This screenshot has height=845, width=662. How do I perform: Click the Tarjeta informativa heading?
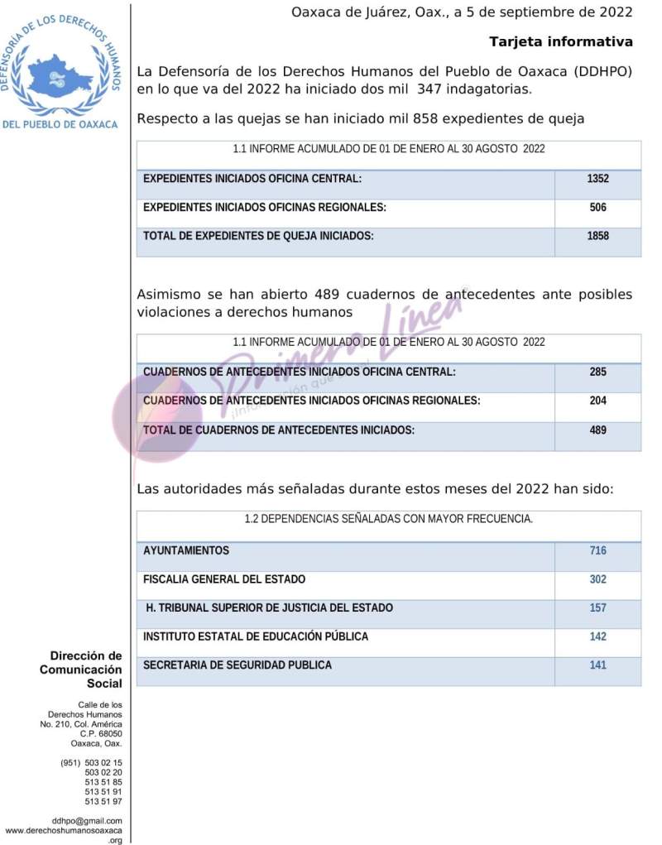[x=561, y=41]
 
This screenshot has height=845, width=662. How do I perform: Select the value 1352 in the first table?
[x=597, y=179]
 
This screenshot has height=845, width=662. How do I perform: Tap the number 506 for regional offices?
[x=597, y=208]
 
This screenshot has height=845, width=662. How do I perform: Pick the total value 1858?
[x=597, y=236]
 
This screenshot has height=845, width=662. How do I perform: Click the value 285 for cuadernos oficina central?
[x=597, y=372]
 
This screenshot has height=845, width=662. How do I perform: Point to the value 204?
[x=597, y=401]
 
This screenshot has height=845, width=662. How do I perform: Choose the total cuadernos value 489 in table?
[x=597, y=430]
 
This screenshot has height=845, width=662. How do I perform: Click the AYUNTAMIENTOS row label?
[x=186, y=550]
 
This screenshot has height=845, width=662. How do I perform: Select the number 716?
[x=597, y=550]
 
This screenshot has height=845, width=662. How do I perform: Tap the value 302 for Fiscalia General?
[x=597, y=579]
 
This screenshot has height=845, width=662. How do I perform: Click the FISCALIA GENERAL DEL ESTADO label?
[x=224, y=579]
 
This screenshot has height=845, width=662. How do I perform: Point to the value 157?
[x=597, y=607]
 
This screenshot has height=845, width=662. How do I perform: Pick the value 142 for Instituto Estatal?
[x=597, y=636]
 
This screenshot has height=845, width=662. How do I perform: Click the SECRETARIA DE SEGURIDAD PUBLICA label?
[x=237, y=665]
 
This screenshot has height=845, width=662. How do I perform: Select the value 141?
[x=597, y=665]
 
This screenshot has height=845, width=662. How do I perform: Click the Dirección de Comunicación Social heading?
[x=81, y=670]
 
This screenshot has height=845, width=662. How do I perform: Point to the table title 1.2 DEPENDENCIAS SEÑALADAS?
[x=388, y=520]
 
